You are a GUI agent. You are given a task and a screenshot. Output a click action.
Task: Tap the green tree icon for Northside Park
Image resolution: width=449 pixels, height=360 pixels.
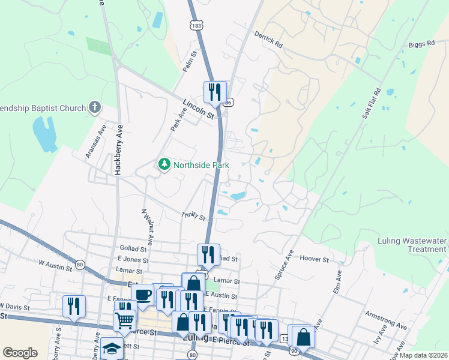click(x=163, y=163)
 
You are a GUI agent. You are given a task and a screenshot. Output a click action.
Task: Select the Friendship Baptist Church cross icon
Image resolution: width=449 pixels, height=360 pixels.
click(x=94, y=107)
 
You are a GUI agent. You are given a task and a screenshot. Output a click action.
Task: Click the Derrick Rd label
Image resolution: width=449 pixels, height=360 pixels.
click(x=268, y=40)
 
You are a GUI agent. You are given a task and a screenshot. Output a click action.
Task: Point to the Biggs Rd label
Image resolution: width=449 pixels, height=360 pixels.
click(x=422, y=44)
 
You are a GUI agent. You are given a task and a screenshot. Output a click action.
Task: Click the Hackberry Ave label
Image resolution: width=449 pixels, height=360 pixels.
click(x=119, y=149)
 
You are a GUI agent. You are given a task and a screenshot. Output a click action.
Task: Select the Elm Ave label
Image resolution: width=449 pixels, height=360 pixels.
click(x=337, y=283)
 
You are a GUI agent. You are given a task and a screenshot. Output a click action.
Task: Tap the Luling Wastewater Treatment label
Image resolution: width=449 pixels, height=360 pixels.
click(x=412, y=245)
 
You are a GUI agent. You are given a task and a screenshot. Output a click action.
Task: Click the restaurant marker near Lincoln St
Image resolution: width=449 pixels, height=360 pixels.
click(x=215, y=92)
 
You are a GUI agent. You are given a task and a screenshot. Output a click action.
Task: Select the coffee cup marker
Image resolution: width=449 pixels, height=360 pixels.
click(x=143, y=295)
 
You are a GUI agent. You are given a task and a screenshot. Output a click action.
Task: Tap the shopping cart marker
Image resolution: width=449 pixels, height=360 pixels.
click(x=124, y=320)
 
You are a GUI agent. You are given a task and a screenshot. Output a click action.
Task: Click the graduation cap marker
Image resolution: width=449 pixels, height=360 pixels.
click(x=112, y=348)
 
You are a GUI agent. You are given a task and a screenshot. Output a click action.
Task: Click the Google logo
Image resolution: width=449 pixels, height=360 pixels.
click(x=20, y=353)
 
